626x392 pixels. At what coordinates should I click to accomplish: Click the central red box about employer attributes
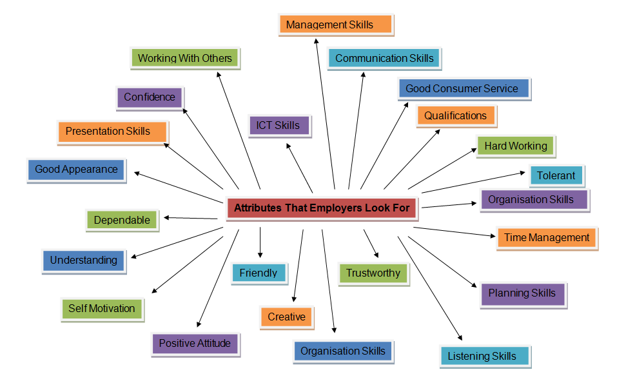321,208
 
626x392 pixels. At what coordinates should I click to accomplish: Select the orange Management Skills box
336,24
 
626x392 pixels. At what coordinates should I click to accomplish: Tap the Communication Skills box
384,58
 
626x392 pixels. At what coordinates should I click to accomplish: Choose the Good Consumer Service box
463,88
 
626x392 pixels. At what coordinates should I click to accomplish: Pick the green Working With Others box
184,58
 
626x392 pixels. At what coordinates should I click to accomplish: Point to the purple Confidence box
150,97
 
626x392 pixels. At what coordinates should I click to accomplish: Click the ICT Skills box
279,125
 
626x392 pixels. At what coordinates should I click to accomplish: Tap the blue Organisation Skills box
342,351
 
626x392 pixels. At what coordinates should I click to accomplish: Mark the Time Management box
547,238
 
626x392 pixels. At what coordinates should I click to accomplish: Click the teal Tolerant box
556,175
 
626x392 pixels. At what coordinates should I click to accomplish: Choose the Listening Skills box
485,356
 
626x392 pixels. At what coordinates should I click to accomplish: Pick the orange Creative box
286,317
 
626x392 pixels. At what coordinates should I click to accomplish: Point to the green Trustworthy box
373,273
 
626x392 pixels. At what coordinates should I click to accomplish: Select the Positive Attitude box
195,343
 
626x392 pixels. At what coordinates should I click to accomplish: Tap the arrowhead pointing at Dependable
166,218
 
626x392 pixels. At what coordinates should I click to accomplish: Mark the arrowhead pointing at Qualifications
438,132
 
